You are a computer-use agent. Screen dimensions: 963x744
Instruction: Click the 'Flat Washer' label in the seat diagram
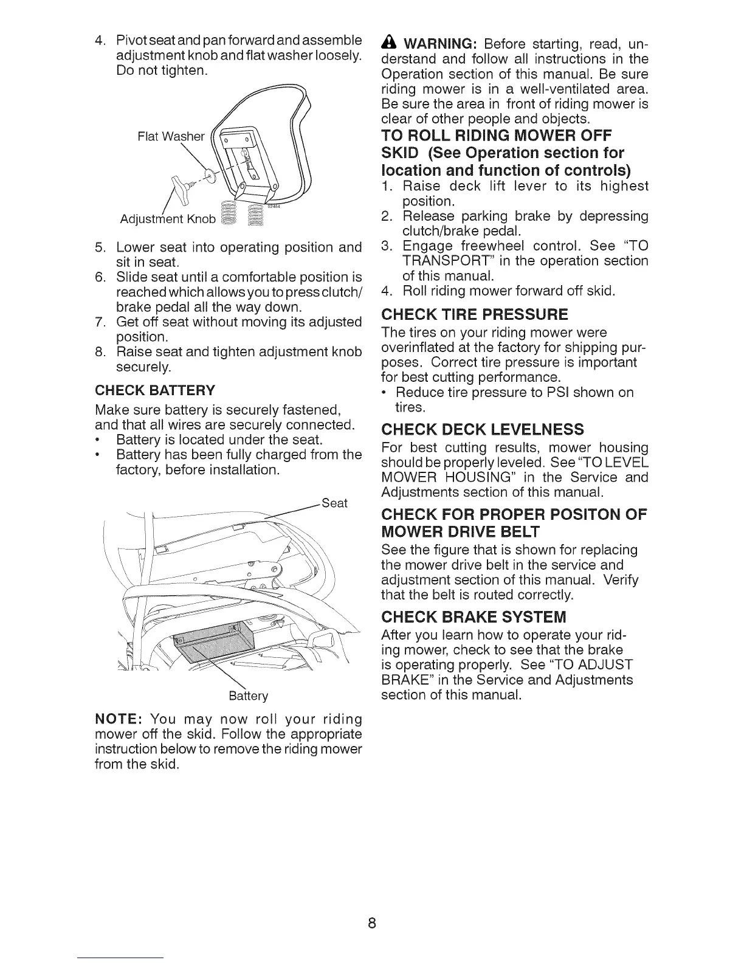[171, 136]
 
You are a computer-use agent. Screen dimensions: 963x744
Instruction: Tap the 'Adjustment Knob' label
[168, 219]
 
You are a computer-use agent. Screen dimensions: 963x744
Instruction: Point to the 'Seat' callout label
[334, 503]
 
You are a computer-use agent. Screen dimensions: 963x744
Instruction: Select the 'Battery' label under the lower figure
[248, 695]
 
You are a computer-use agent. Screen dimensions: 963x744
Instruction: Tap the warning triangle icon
[389, 45]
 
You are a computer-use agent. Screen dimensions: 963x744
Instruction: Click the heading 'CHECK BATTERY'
[155, 390]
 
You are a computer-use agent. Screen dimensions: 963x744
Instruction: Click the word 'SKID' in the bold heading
[399, 153]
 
